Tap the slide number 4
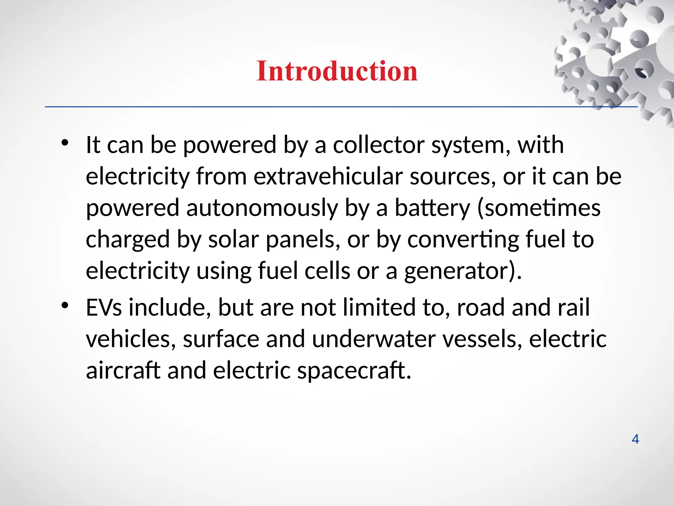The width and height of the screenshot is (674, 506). pos(635,439)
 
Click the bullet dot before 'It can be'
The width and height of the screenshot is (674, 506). pos(65,143)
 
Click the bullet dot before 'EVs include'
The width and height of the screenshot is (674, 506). pos(65,305)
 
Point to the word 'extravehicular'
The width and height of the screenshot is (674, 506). pos(328,177)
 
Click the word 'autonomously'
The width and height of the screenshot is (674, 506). pos(262,208)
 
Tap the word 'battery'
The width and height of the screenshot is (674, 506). pos(432,208)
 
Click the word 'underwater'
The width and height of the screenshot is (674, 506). pos(374,339)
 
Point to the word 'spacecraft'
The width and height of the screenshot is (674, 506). pos(354,371)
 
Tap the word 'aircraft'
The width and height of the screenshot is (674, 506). pos(123,371)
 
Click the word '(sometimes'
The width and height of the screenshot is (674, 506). pos(538,208)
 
